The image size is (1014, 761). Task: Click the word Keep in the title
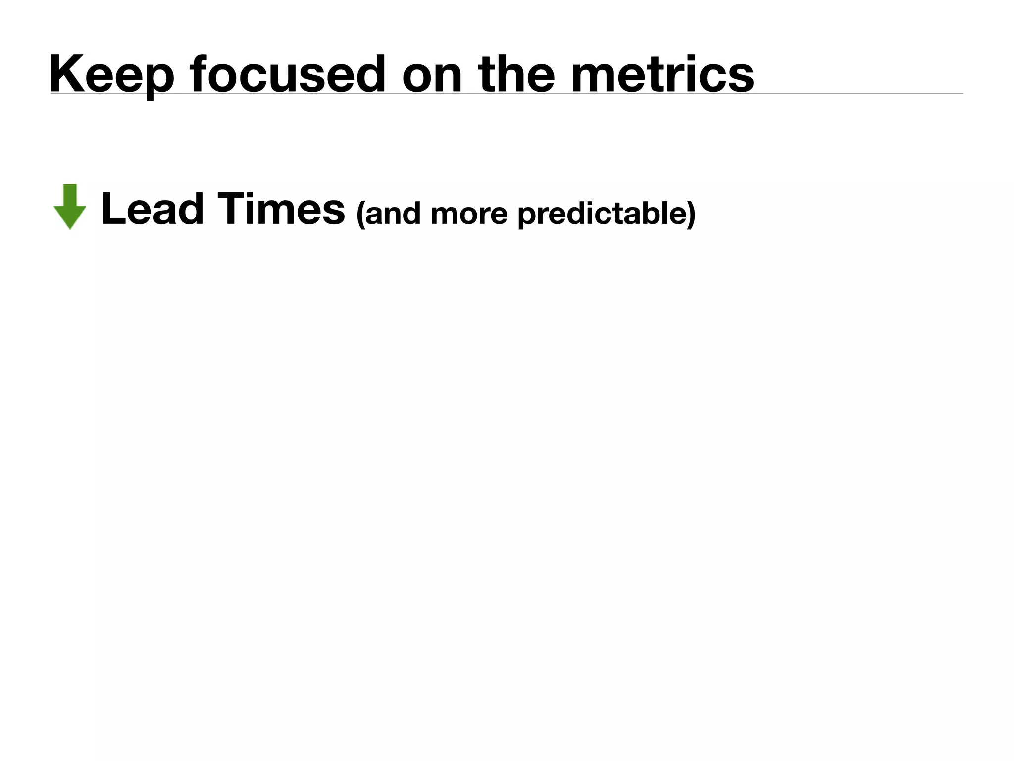[112, 74]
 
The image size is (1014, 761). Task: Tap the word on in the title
[431, 74]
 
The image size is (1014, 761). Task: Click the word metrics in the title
[662, 74]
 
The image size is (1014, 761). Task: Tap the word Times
[281, 209]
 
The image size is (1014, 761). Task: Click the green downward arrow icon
[70, 207]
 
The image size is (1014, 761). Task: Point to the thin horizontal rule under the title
[842, 93]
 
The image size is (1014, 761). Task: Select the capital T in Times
[231, 209]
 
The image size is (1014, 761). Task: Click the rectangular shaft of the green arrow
[70, 194]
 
